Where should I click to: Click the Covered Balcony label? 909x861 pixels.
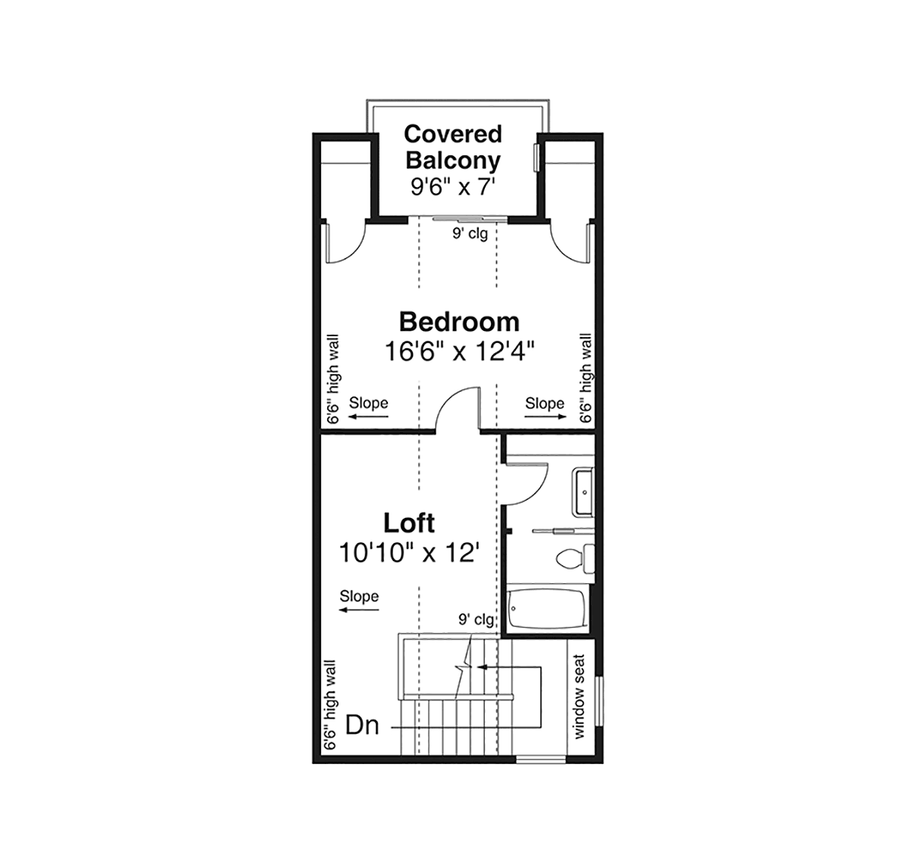pyautogui.click(x=453, y=147)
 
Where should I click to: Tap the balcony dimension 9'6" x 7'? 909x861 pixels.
pyautogui.click(x=453, y=187)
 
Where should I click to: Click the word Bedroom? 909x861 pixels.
pyautogui.click(x=459, y=322)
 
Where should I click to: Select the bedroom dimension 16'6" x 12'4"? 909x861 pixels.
pyautogui.click(x=459, y=351)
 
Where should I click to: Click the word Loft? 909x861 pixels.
pyautogui.click(x=409, y=523)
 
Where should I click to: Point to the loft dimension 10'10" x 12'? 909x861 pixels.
pyautogui.click(x=409, y=552)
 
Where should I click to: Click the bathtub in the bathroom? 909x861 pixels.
pyautogui.click(x=547, y=607)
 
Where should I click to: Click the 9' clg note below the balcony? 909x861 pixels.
pyautogui.click(x=470, y=233)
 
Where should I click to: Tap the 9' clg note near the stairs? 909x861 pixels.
pyautogui.click(x=476, y=619)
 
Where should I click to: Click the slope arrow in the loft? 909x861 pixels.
pyautogui.click(x=359, y=610)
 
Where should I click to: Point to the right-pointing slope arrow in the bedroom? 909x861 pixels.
pyautogui.click(x=545, y=416)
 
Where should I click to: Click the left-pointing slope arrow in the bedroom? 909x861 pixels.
pyautogui.click(x=368, y=416)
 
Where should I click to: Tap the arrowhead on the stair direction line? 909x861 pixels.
pyautogui.click(x=482, y=667)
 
